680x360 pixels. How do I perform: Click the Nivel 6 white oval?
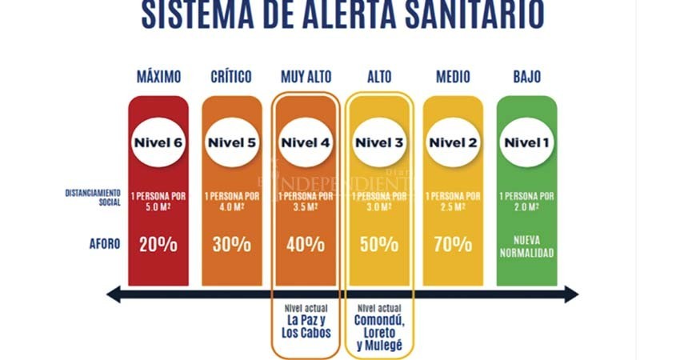pos(158,143)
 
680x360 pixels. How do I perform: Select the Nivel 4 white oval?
pos(306,143)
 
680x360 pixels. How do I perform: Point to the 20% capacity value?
pos(158,244)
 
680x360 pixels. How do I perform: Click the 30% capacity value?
pos(232,244)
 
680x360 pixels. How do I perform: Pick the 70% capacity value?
pos(453,244)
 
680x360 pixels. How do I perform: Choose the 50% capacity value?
pos(379,244)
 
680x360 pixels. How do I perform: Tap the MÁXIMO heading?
pos(158,77)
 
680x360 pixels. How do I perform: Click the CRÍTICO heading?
pos(232,77)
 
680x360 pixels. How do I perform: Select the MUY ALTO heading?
pos(306,77)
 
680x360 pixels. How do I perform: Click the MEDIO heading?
pos(453,77)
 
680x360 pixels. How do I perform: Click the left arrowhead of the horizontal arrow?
pos(114,294)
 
